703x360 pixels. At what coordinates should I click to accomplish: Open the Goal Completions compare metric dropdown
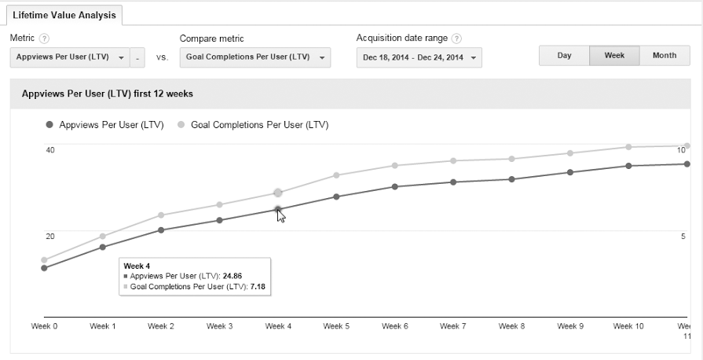tap(254, 57)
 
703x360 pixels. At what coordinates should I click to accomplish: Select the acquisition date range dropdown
tap(419, 57)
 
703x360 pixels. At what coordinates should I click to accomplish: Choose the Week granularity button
tap(614, 56)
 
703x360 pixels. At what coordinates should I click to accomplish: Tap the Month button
tap(665, 56)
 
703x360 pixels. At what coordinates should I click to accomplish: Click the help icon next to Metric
tap(45, 39)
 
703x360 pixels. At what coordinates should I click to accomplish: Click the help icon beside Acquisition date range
tap(456, 39)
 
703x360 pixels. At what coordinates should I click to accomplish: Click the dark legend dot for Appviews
tap(50, 124)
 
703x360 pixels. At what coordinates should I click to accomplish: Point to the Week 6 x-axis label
tap(394, 326)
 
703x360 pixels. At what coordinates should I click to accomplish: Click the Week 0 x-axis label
tap(44, 326)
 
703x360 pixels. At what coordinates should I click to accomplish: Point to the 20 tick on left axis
tap(50, 237)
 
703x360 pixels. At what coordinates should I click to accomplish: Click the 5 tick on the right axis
tap(683, 237)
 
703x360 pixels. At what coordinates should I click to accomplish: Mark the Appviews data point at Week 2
tap(161, 230)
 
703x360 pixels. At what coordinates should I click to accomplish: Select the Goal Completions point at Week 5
tap(336, 175)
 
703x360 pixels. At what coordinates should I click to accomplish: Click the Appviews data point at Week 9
tap(570, 172)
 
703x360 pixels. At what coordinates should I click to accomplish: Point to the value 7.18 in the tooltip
tap(258, 288)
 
